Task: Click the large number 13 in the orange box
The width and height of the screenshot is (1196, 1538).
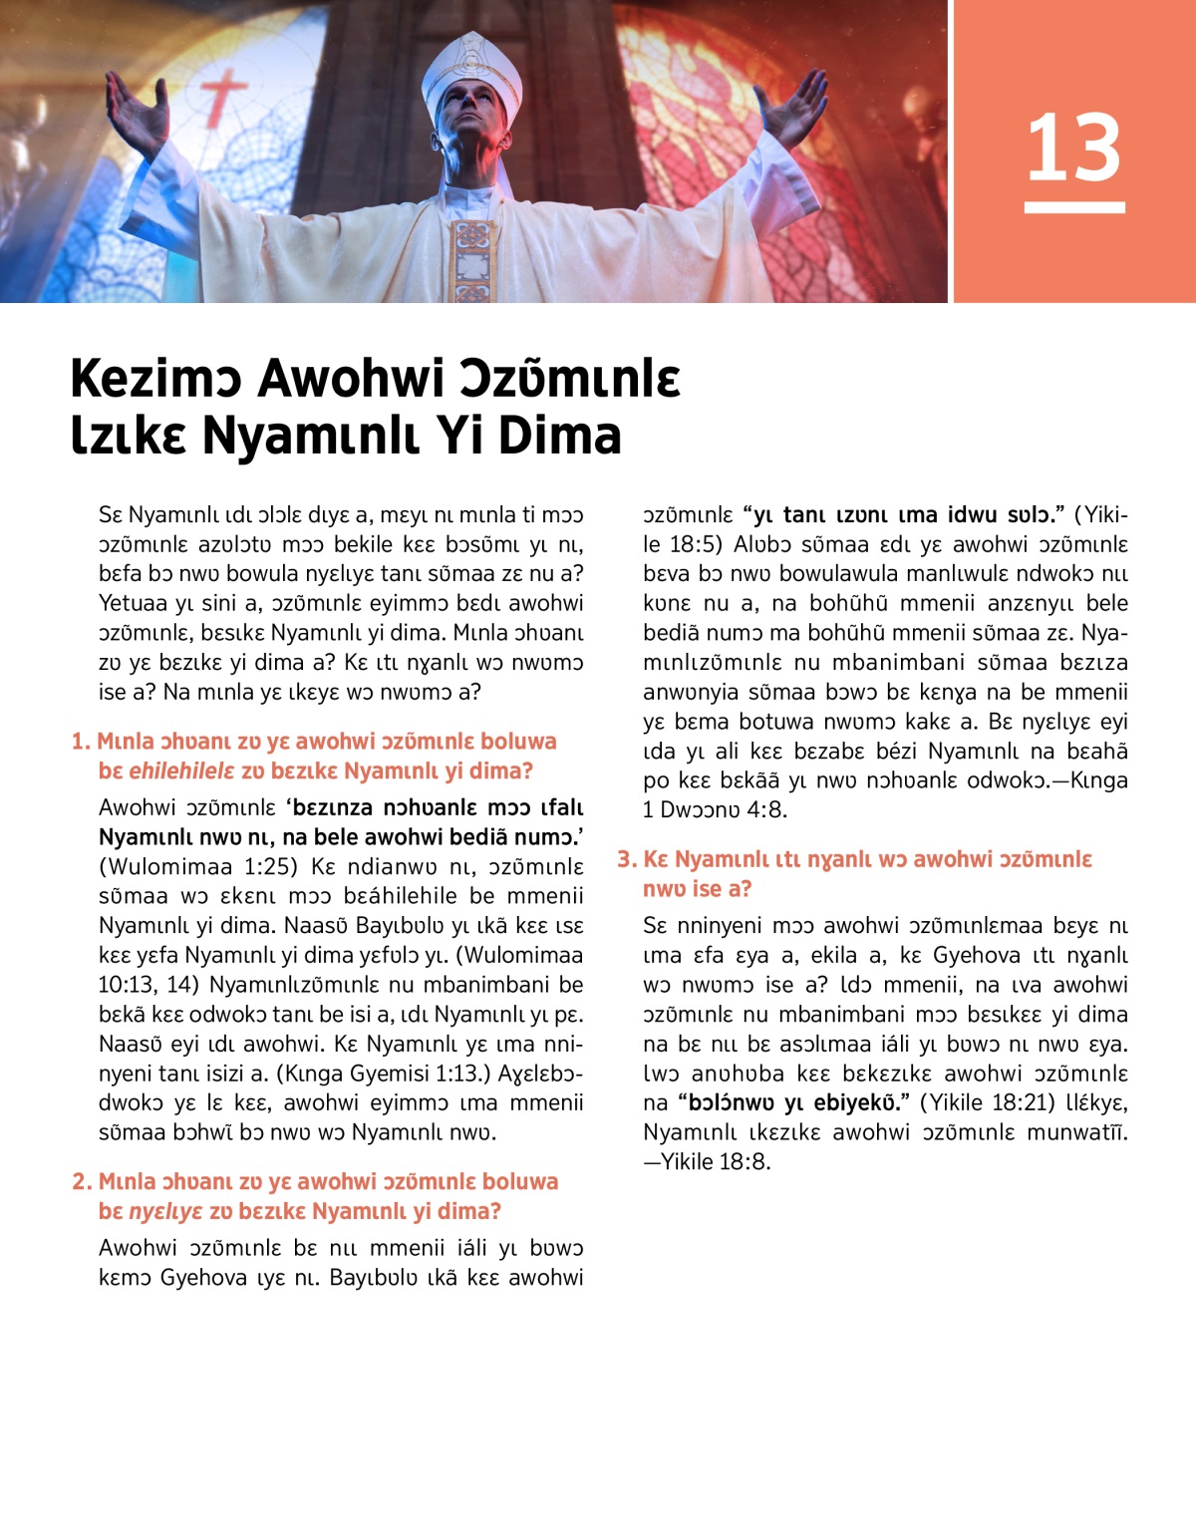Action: (x=1073, y=148)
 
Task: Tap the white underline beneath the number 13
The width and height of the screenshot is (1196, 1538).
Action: (x=1074, y=207)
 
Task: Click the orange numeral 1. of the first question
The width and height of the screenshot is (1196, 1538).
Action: (x=81, y=742)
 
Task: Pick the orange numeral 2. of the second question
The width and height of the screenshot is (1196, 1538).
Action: (x=82, y=1182)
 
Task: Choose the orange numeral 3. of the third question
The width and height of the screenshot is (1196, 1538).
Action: (x=627, y=859)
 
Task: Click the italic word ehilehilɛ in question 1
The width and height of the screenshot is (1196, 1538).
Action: (x=181, y=771)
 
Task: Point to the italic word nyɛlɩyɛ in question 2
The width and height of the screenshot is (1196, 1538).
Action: (x=165, y=1212)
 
